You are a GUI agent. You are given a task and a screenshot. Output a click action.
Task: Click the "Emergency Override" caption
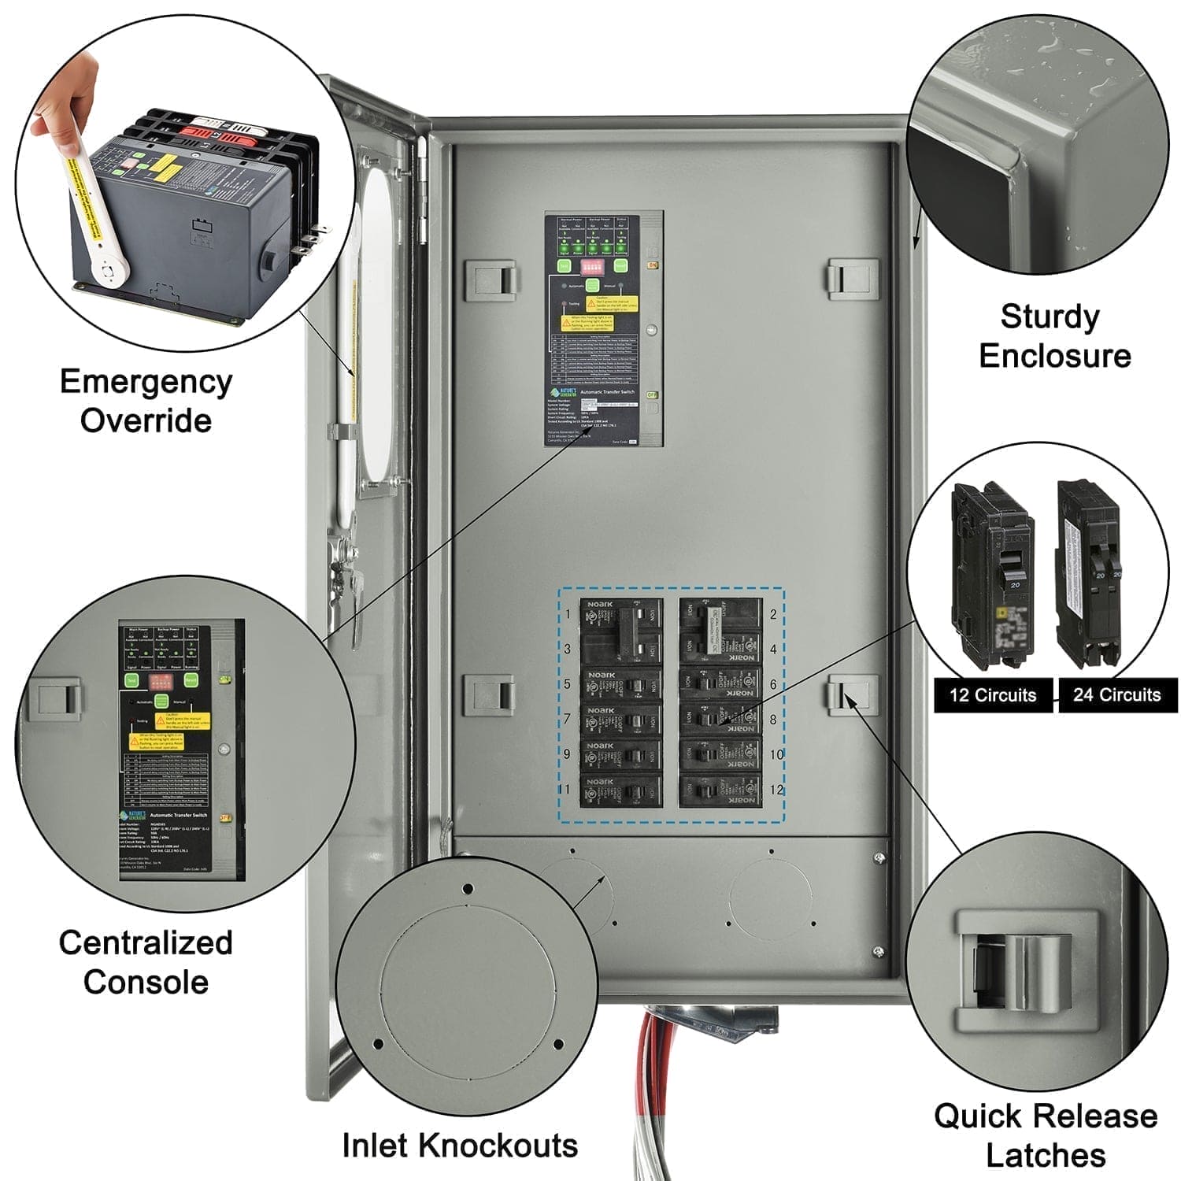tap(146, 400)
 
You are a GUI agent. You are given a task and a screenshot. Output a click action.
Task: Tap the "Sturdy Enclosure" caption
tap(1053, 336)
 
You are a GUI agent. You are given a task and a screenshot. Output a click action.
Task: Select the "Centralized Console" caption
tap(146, 962)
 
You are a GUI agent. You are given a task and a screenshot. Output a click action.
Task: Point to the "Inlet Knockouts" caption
tap(460, 1145)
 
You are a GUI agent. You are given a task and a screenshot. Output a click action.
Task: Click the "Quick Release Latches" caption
tap(1046, 1135)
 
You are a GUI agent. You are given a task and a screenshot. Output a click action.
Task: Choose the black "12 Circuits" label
tap(993, 695)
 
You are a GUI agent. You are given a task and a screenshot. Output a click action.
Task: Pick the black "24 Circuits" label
tap(1116, 695)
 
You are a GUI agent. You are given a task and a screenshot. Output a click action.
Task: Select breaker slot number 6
tap(720, 684)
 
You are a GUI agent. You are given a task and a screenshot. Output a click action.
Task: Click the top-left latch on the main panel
tap(490, 280)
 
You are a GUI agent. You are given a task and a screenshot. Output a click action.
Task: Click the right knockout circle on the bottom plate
tap(770, 898)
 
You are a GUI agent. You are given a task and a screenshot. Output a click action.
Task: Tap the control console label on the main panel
tap(604, 328)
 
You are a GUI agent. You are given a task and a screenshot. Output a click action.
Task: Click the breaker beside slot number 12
tap(720, 790)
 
